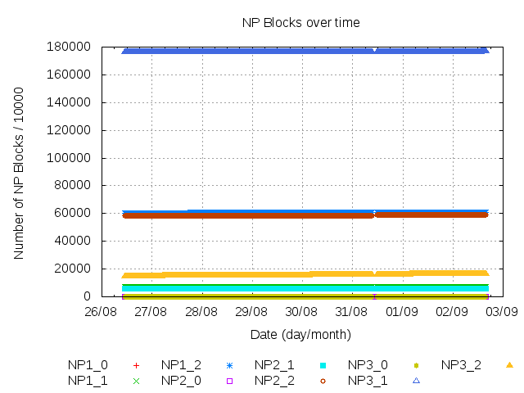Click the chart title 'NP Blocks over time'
pos(300,22)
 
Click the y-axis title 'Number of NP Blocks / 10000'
pos(19,173)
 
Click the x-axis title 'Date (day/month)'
pos(300,334)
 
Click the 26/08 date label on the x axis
pos(100,312)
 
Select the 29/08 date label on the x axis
pos(251,312)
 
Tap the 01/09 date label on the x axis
pos(401,312)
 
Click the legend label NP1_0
pos(88,364)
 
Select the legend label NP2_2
pos(274,380)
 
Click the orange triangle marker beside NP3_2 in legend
pos(509,364)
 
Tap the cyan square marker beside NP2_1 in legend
pos(323,364)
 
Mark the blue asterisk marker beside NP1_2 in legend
pos(229,364)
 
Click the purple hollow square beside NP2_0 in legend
pos(229,380)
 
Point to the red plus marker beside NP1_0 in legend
pos(136,364)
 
